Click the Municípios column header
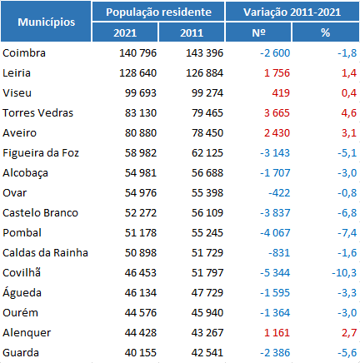(x=47, y=22)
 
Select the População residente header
(x=158, y=12)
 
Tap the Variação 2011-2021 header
(x=292, y=12)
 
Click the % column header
(x=325, y=32)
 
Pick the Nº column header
(x=258, y=32)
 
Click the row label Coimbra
(x=24, y=53)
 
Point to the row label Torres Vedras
(x=37, y=113)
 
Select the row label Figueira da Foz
(x=41, y=153)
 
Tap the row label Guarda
(x=21, y=353)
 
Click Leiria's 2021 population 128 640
(x=137, y=73)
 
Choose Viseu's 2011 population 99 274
(x=207, y=93)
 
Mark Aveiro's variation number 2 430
(x=277, y=133)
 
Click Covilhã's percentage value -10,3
(x=344, y=273)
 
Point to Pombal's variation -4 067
(x=275, y=233)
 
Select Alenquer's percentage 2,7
(x=349, y=333)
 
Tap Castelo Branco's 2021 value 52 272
(x=141, y=213)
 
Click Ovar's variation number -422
(x=279, y=193)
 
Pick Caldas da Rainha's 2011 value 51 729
(x=207, y=253)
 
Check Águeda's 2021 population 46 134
(x=141, y=293)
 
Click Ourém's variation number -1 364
(x=275, y=313)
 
